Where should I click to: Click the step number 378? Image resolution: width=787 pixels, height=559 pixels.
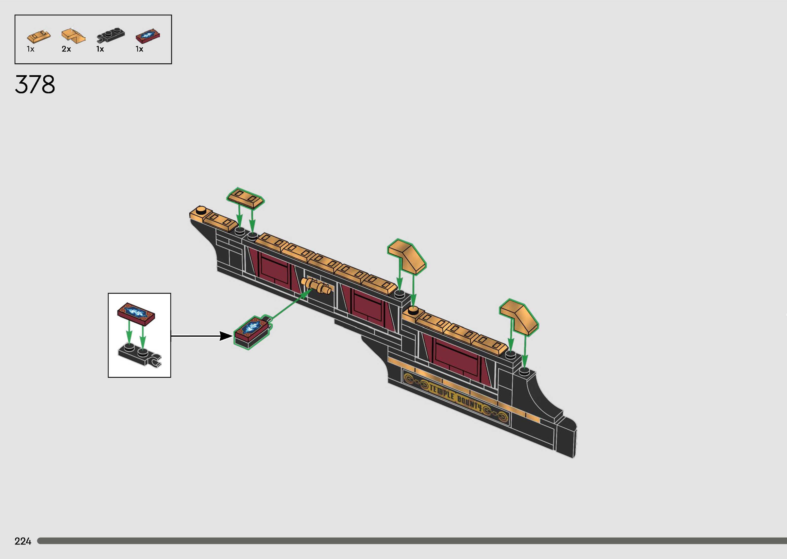pos(35,85)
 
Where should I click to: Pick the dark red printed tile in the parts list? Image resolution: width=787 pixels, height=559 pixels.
pos(148,36)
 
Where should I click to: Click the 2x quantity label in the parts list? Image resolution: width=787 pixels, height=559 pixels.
pos(66,49)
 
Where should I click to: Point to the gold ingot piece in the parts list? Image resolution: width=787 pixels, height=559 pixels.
pos(38,35)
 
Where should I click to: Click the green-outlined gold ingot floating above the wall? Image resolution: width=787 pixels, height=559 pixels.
pos(245,198)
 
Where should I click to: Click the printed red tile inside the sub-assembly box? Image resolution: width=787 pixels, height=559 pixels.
pos(136,314)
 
